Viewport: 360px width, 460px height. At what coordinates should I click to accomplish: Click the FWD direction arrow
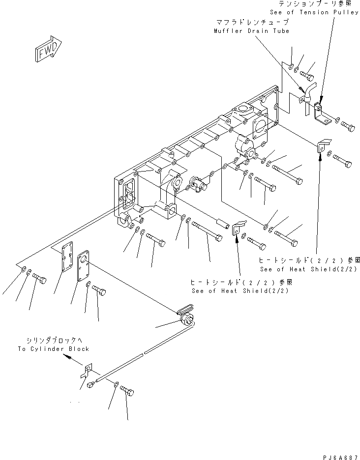48,49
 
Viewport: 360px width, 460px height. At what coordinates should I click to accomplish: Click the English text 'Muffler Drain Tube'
251,31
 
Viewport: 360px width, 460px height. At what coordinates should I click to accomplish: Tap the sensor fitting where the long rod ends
186,320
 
